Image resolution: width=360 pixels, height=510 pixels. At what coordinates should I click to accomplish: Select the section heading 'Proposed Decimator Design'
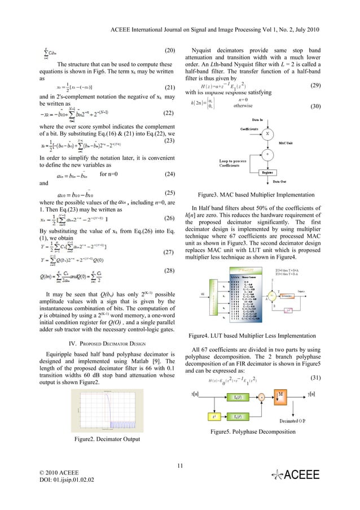click(106, 343)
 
